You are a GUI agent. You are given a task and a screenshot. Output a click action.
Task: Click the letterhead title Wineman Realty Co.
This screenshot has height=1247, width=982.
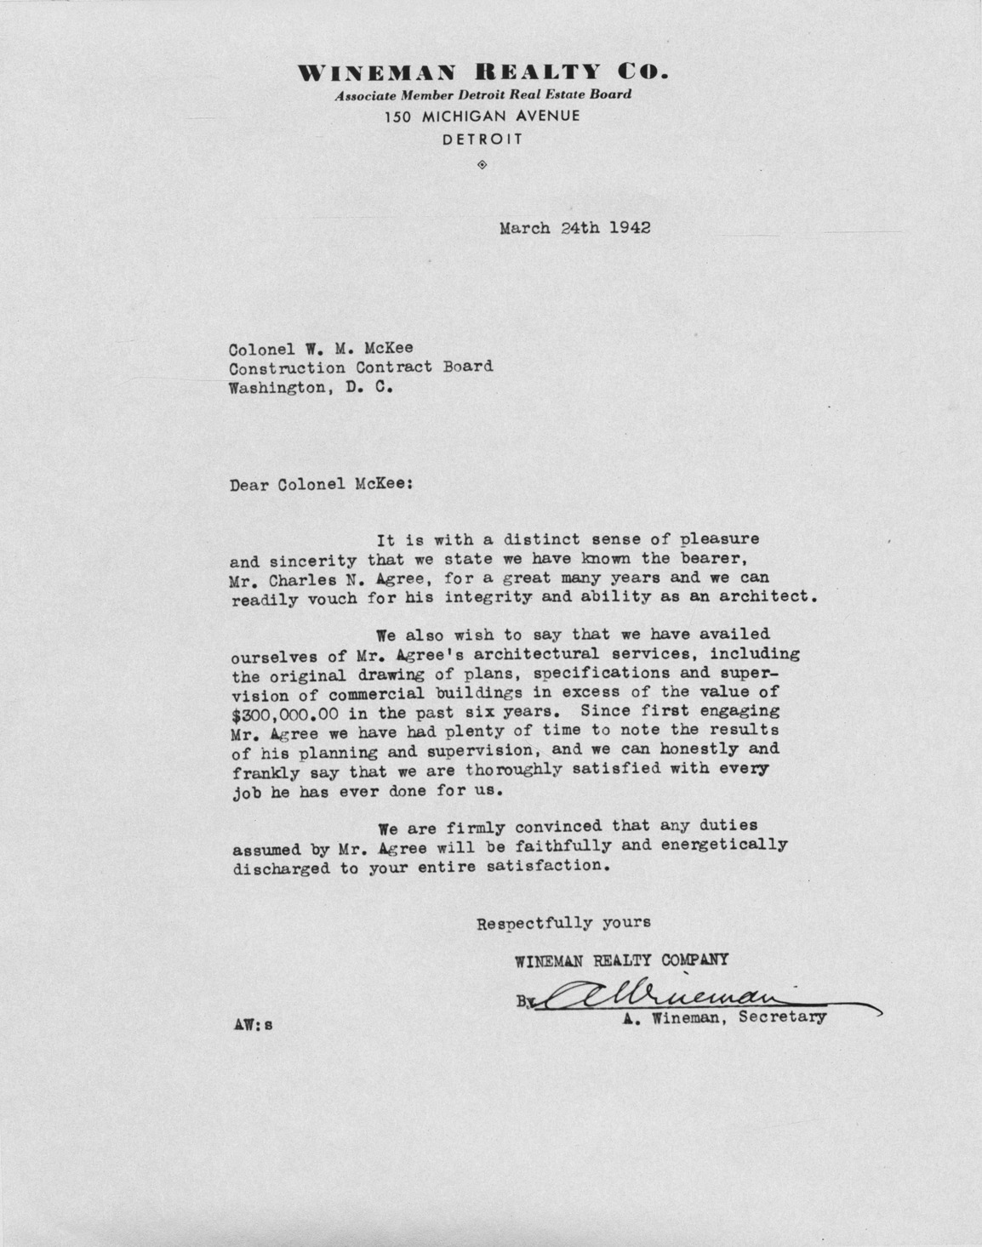pyautogui.click(x=482, y=73)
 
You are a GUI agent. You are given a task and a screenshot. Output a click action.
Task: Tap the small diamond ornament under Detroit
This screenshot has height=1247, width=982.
pyautogui.click(x=482, y=163)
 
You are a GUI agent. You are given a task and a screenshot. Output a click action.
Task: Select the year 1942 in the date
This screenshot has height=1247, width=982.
pyautogui.click(x=631, y=228)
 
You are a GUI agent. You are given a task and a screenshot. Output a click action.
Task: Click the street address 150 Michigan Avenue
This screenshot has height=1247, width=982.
pyautogui.click(x=482, y=116)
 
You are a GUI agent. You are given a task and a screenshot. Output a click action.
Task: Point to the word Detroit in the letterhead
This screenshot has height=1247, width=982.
pyautogui.click(x=482, y=139)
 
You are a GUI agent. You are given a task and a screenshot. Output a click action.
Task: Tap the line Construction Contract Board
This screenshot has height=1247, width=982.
pyautogui.click(x=361, y=367)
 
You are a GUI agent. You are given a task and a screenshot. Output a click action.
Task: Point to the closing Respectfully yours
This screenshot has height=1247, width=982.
pyautogui.click(x=563, y=922)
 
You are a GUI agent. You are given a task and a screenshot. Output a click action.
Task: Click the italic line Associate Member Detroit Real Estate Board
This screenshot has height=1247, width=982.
pyautogui.click(x=482, y=95)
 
